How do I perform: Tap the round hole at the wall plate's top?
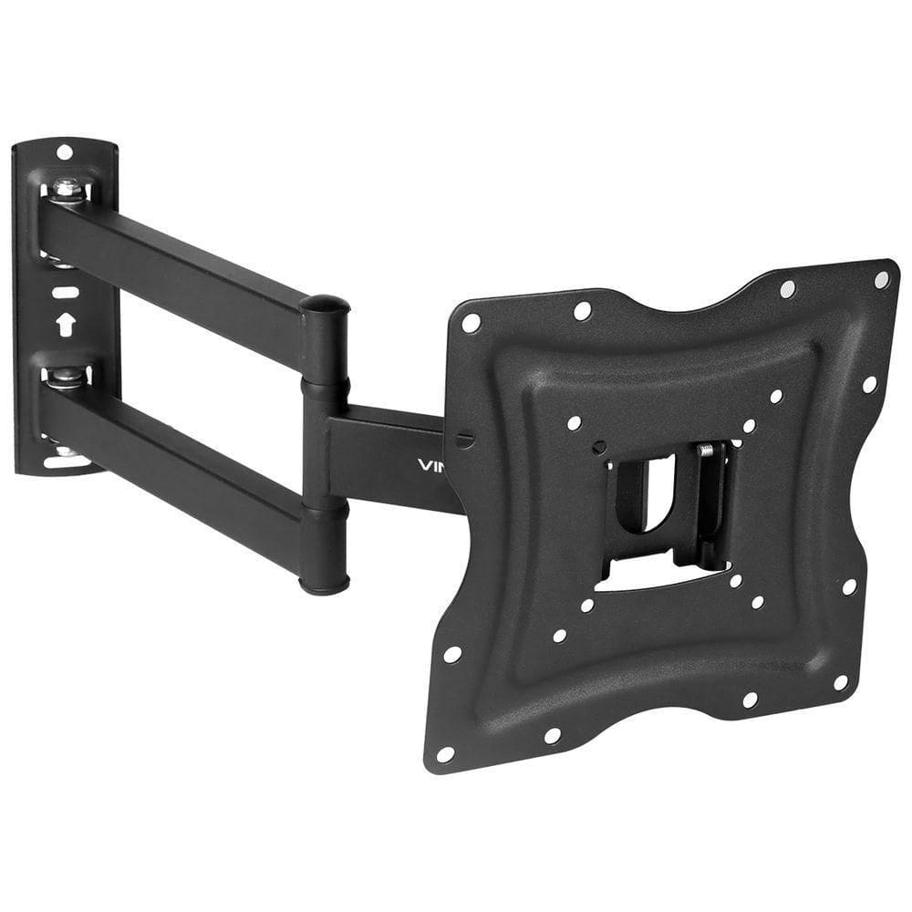65,151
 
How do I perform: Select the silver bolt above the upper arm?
66,189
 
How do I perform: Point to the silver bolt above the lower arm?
65,375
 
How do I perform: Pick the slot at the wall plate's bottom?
67,461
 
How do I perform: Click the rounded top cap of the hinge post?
326,304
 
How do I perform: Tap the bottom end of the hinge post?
325,584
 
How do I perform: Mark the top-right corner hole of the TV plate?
881,279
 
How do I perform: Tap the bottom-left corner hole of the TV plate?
445,753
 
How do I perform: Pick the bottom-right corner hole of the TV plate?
840,682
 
